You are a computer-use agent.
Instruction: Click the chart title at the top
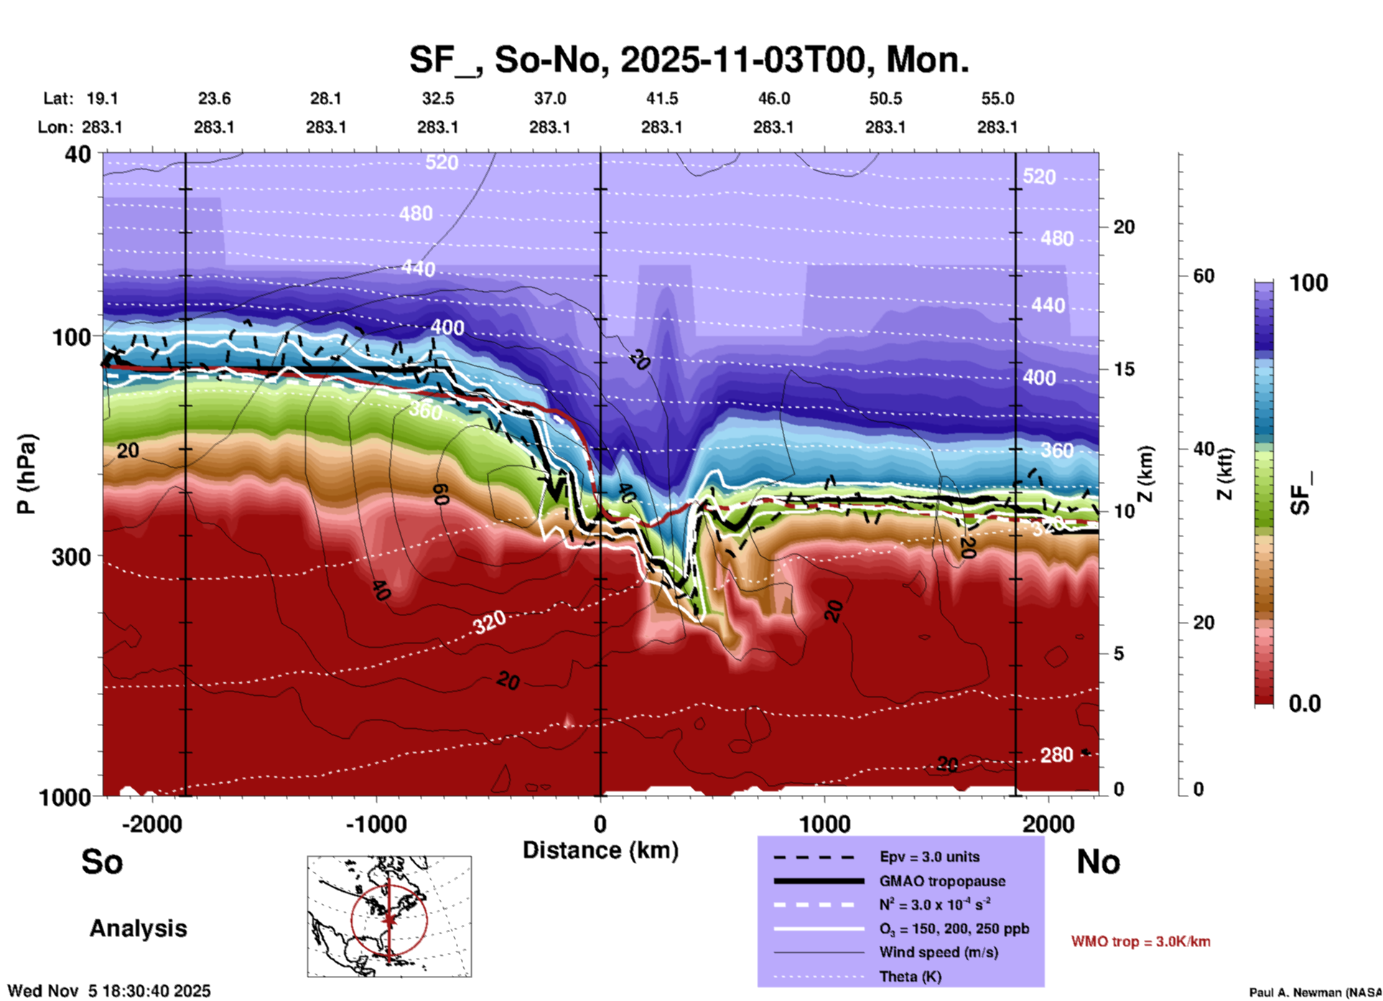point(689,60)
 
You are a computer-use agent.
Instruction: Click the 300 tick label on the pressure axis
point(71,557)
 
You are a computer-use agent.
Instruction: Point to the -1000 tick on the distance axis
point(376,824)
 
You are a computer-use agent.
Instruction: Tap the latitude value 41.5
point(661,98)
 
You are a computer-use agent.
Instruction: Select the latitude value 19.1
point(102,98)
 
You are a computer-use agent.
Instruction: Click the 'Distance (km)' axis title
point(600,850)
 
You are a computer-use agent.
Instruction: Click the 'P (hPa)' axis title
point(27,474)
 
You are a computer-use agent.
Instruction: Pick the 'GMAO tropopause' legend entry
point(942,881)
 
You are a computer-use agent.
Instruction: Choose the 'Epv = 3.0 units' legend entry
point(929,857)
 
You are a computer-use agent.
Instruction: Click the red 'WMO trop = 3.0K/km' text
point(1140,941)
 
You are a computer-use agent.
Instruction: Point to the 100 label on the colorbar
point(1308,283)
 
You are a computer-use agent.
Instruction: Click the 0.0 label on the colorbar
point(1305,704)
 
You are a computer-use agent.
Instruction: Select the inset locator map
point(389,916)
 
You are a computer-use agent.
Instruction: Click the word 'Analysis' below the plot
point(138,928)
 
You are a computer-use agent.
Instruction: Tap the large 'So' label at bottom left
point(102,862)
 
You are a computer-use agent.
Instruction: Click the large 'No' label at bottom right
point(1098,862)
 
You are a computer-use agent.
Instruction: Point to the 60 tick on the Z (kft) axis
point(1203,276)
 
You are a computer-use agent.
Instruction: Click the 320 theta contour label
point(490,622)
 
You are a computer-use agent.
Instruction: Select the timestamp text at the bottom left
point(109,991)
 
